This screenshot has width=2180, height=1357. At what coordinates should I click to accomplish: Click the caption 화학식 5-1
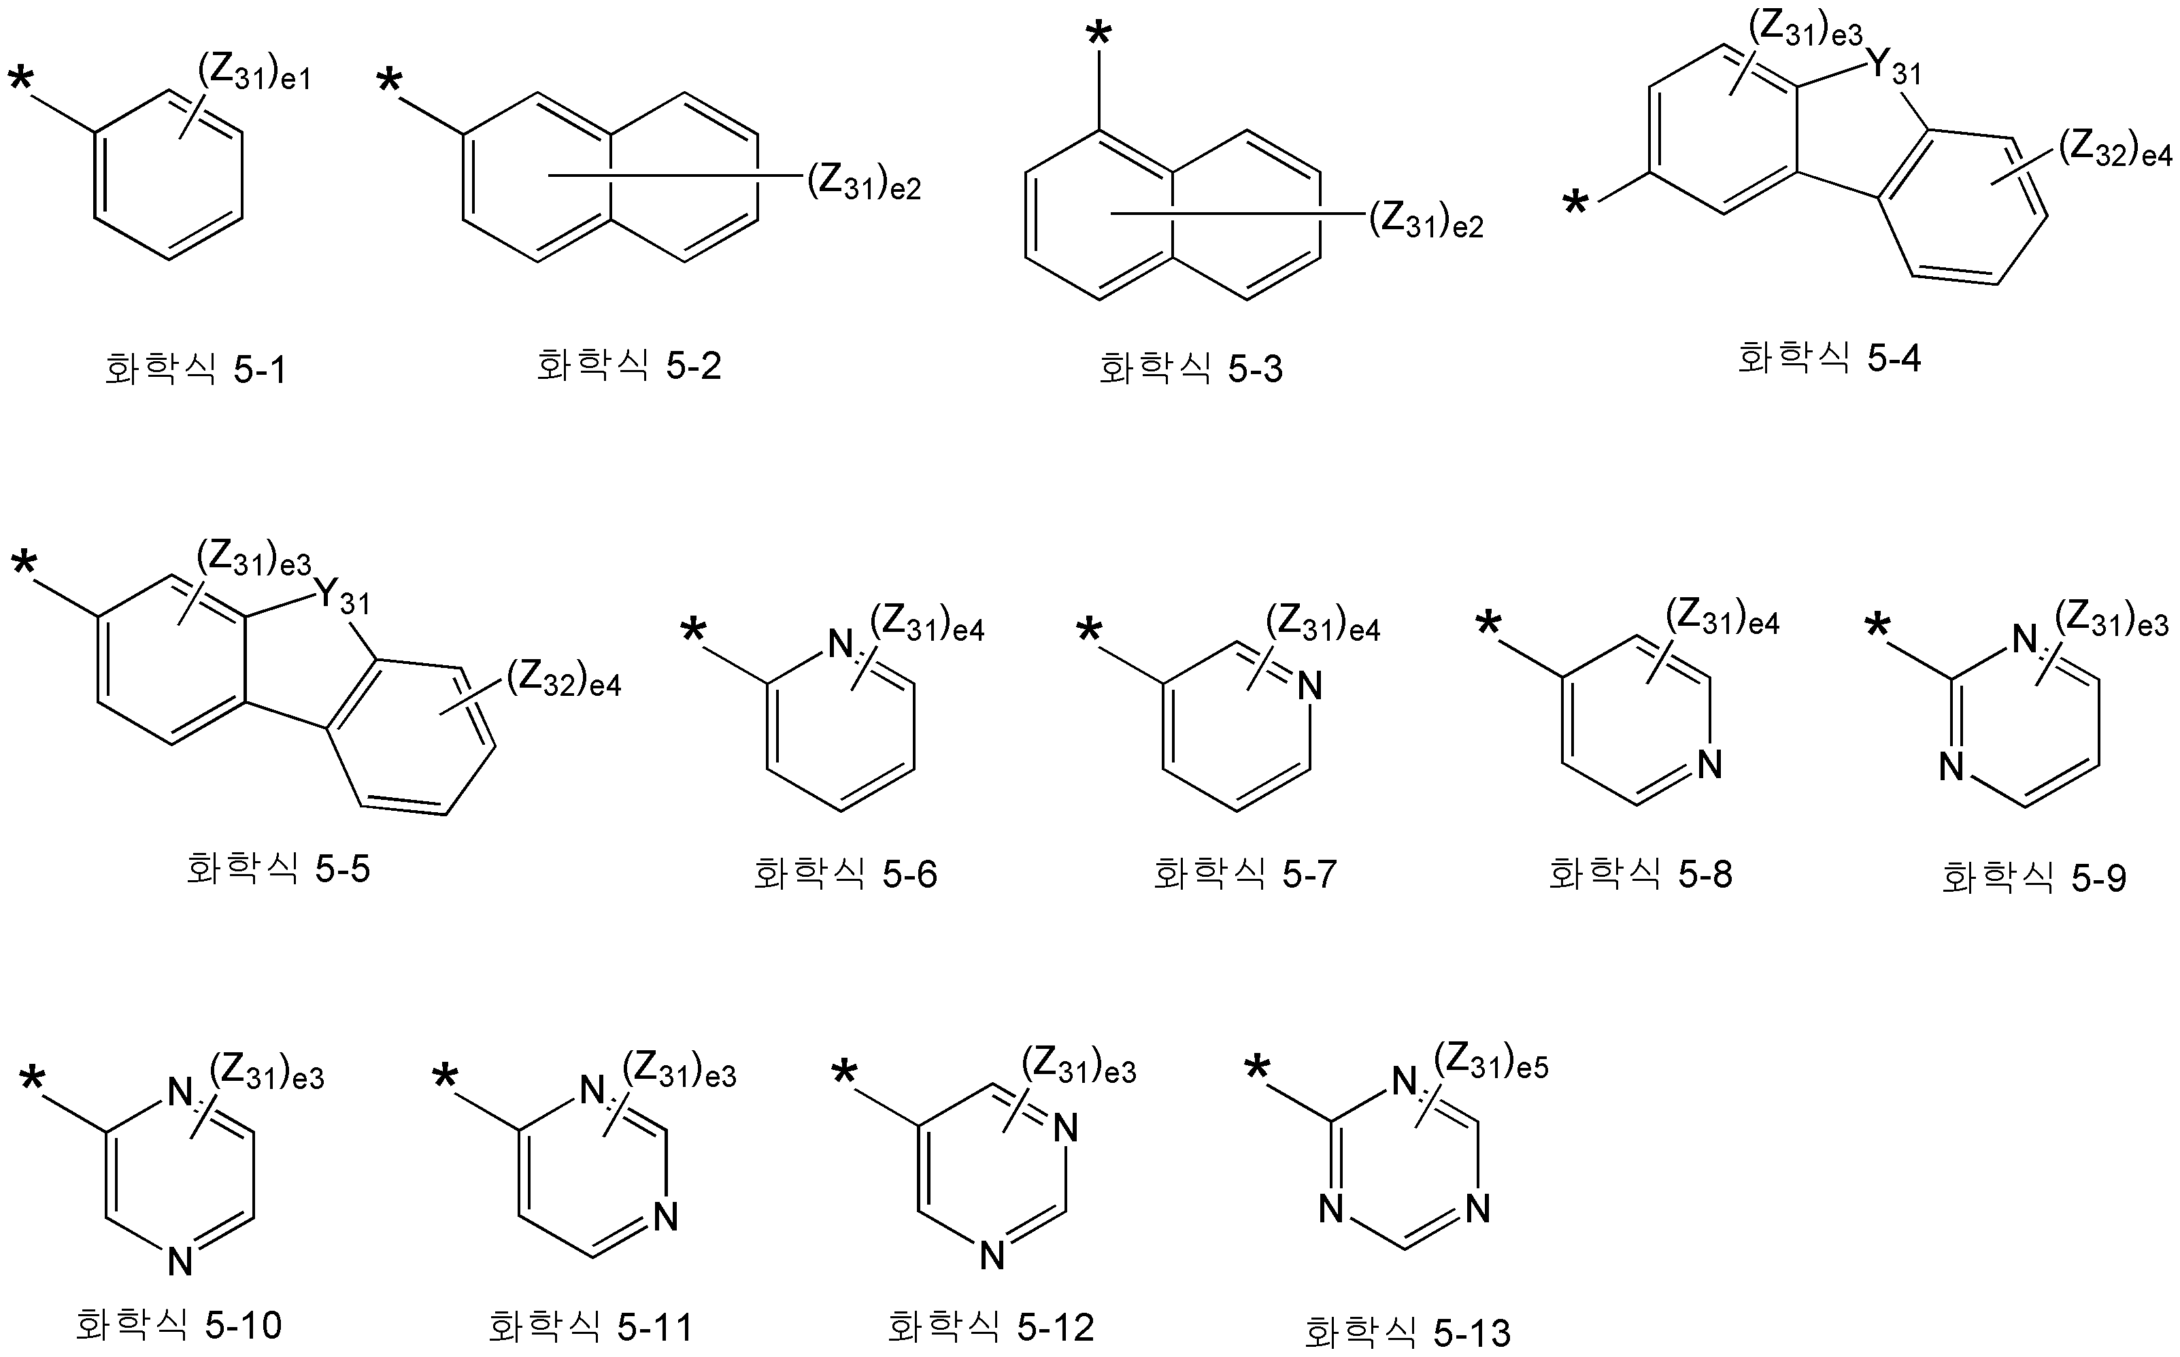coord(196,369)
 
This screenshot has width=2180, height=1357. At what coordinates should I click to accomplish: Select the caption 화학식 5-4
coord(1829,358)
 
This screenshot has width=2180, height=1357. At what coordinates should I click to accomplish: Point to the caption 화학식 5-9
coord(2034,877)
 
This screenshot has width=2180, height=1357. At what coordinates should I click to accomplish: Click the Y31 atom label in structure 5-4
coord(1894,65)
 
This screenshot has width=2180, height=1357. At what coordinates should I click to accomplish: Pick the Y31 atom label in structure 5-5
coord(341,595)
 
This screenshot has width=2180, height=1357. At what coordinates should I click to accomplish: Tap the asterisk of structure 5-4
coord(1575,205)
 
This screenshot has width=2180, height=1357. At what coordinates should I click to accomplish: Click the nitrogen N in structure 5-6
coord(840,643)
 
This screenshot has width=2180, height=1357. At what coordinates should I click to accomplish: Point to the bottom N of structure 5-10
coord(180,1262)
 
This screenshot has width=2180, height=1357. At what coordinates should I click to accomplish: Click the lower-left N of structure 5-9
coord(1952,767)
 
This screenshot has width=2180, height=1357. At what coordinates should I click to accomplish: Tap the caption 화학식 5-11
coord(590,1326)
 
